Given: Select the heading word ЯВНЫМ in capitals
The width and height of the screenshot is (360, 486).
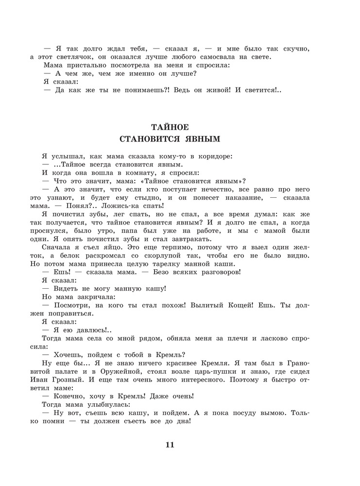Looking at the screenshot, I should tap(200, 139).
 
